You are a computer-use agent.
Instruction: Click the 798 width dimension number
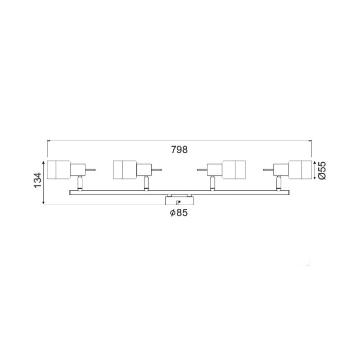pos(179,150)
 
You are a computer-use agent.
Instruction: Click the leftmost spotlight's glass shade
pos(58,170)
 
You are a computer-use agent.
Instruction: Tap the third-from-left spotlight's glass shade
pos(234,170)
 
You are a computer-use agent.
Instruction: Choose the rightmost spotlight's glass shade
pos(300,170)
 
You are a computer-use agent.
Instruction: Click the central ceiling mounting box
pos(179,200)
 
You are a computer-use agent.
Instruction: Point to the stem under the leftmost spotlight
pos(79,183)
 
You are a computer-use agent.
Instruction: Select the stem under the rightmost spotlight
pos(279,183)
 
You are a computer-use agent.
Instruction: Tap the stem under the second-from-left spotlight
pos(146,183)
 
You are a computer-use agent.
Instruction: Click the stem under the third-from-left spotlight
pos(212,183)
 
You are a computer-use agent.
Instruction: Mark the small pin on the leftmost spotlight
pos(91,169)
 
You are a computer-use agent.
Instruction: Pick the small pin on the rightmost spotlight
pos(267,169)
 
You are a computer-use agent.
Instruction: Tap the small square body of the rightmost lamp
pos(281,169)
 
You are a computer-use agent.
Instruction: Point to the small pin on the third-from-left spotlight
pos(201,169)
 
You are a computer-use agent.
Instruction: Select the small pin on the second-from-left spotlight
pos(157,169)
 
